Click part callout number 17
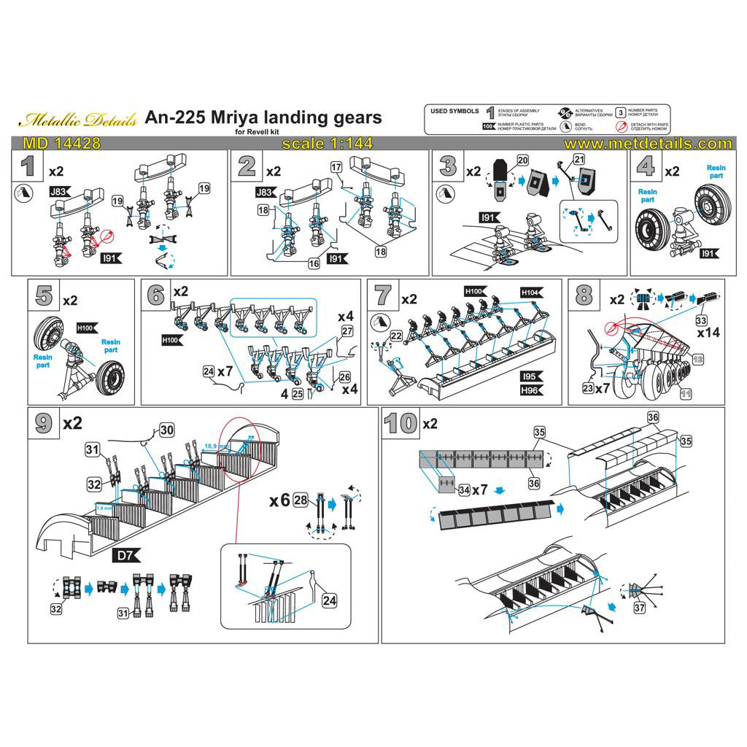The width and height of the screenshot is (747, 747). click(x=336, y=167)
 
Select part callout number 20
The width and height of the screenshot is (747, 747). click(x=522, y=160)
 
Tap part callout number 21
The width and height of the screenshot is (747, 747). click(x=579, y=160)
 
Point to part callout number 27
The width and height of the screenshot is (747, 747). click(x=347, y=330)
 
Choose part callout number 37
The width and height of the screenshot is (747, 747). click(x=640, y=608)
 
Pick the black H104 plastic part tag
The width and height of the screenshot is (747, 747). click(x=530, y=292)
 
